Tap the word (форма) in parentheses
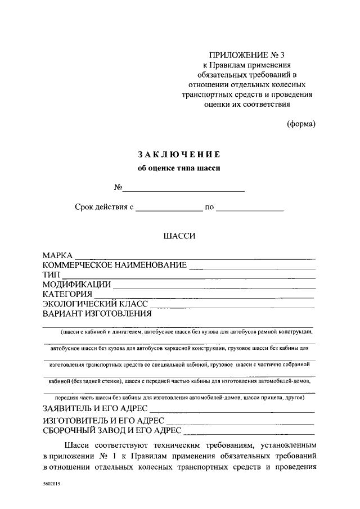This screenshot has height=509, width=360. [301, 124]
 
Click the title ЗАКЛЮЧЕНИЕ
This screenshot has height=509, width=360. [179, 154]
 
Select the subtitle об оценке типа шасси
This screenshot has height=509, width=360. [179, 168]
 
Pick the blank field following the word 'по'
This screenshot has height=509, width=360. [250, 209]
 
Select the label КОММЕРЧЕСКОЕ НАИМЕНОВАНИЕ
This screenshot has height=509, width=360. [114, 265]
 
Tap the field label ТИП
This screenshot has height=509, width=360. [51, 275]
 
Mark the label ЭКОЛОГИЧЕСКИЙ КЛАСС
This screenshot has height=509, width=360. [95, 304]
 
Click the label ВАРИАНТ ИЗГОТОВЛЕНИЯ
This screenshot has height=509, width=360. [97, 313]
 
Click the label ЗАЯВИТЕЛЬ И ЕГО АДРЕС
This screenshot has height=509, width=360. [95, 408]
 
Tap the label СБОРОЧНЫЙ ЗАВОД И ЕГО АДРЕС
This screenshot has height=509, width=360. [111, 431]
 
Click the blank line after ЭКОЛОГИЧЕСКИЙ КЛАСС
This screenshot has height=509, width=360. [231, 305]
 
